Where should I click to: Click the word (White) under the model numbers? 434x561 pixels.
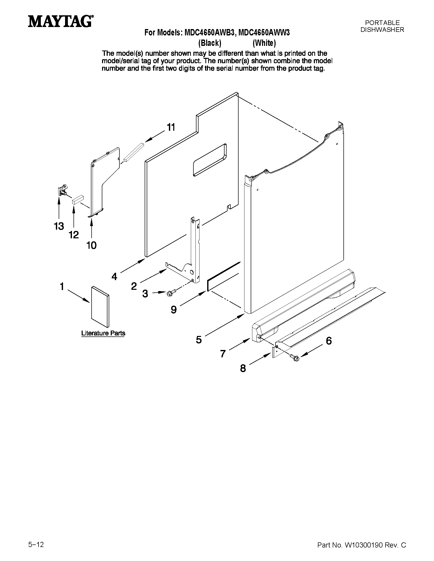[264, 43]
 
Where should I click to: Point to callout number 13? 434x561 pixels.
[59, 226]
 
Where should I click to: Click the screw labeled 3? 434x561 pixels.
[171, 292]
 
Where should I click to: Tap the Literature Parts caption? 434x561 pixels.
[103, 333]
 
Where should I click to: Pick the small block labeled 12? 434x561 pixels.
[78, 199]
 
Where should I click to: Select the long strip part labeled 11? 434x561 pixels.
[134, 152]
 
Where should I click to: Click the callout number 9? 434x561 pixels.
[174, 310]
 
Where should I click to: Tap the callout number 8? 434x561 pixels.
[243, 369]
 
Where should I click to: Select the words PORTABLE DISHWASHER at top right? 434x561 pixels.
[382, 26]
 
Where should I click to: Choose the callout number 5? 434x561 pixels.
[199, 340]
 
